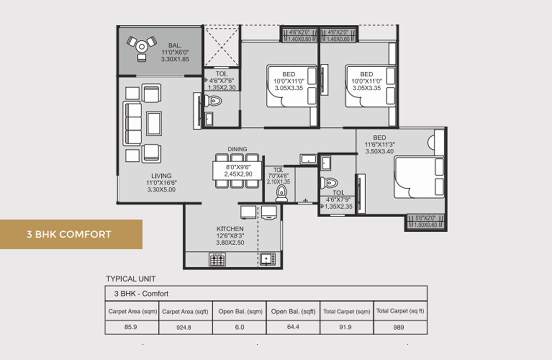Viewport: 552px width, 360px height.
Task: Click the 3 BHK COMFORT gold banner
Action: point(71,234)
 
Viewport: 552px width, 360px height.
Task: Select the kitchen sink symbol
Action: point(266,259)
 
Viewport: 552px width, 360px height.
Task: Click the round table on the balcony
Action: point(142,47)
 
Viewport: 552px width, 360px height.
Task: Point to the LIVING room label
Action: point(161,176)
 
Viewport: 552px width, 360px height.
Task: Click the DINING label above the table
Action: point(238,149)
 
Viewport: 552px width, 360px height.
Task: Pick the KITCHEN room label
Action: point(230,229)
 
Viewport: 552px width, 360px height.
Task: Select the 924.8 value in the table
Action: point(185,327)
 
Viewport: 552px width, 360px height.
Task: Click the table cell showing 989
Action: point(400,327)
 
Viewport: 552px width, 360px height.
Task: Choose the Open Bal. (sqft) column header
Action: point(293,311)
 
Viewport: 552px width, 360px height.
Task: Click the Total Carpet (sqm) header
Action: point(347,311)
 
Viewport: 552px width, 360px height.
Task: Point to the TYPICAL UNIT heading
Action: point(131,278)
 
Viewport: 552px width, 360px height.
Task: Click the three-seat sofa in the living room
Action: point(133,123)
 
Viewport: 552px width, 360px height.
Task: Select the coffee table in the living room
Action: point(154,123)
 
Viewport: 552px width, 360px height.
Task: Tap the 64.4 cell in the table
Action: point(293,327)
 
